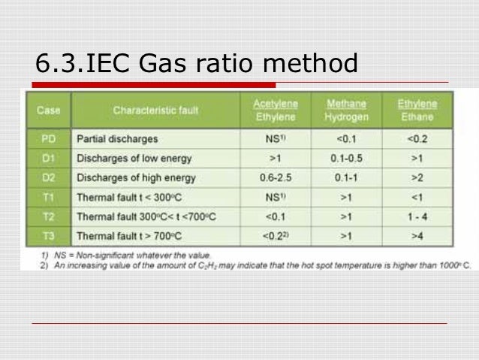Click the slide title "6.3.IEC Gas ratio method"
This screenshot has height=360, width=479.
click(196, 65)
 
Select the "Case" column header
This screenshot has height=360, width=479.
click(49, 110)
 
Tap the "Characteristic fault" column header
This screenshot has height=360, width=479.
click(155, 110)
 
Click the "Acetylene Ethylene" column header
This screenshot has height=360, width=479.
click(273, 110)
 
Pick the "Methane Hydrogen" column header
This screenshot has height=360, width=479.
click(346, 110)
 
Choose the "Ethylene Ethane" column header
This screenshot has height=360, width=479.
click(417, 110)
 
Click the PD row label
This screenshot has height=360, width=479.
click(49, 139)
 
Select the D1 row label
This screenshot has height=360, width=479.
click(49, 159)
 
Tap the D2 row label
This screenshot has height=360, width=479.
click(49, 178)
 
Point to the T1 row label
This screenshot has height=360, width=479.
click(49, 198)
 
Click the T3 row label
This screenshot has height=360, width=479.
click(49, 236)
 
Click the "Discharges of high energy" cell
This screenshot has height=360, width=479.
click(136, 178)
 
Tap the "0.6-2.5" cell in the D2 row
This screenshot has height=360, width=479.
click(273, 178)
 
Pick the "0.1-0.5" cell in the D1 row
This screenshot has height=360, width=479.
click(346, 159)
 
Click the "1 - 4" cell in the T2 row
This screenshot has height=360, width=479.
click(417, 217)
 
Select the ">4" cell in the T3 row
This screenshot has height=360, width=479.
click(417, 236)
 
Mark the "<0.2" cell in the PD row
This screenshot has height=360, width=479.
click(417, 139)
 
